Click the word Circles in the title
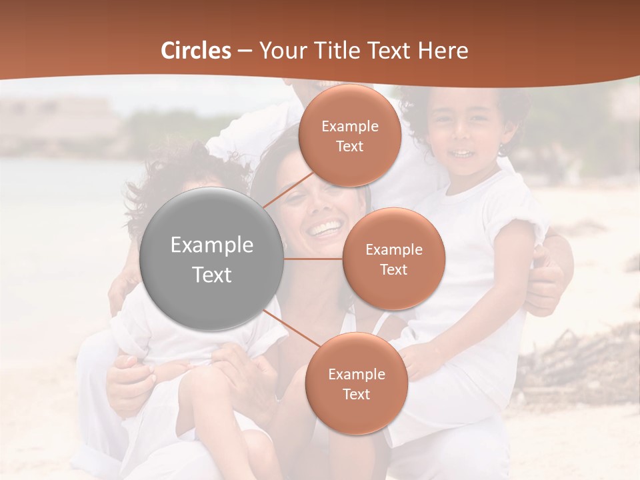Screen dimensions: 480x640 195,51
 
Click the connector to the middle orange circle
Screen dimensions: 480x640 313,259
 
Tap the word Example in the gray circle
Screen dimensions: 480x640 212,245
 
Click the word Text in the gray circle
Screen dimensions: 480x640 212,275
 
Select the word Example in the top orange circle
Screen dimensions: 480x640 349,127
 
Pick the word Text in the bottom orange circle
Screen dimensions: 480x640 356,395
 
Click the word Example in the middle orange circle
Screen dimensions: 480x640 393,250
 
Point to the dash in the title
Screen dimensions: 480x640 245,51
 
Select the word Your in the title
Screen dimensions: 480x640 281,51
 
